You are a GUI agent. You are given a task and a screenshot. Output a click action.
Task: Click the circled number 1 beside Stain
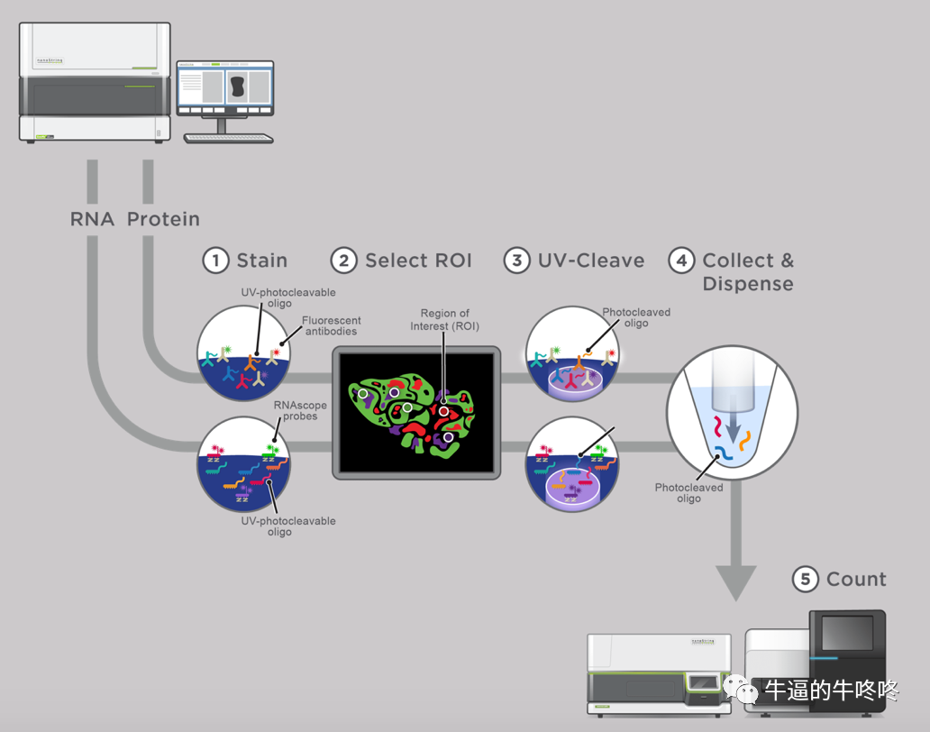tap(216, 261)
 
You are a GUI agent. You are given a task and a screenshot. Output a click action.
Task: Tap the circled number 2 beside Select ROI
tap(344, 261)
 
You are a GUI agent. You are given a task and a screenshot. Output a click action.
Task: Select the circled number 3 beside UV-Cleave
tap(517, 261)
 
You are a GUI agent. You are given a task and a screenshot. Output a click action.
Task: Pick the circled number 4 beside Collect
tap(682, 261)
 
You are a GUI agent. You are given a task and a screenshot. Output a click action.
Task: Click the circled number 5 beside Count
tap(806, 579)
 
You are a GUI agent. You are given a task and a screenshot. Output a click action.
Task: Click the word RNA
tap(92, 219)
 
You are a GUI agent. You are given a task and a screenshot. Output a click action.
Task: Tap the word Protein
tap(163, 219)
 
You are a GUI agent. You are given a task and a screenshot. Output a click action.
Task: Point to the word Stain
tap(262, 261)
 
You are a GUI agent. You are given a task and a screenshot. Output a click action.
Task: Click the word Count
tap(856, 579)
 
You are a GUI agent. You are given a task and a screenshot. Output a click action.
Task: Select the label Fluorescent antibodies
tap(331, 325)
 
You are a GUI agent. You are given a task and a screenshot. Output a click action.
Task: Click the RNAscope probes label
tap(300, 410)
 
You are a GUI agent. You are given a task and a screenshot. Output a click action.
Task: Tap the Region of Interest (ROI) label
tap(445, 319)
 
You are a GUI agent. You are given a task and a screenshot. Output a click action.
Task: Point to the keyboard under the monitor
tap(228, 139)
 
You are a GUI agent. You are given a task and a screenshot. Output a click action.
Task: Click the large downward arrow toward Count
tap(735, 540)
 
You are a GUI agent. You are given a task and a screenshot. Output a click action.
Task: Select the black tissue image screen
tap(416, 413)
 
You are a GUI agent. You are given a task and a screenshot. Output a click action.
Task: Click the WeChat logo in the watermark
tap(740, 689)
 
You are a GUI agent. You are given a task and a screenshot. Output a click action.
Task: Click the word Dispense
tap(748, 284)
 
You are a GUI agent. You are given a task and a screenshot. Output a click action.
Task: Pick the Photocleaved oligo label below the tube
tap(688, 493)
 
